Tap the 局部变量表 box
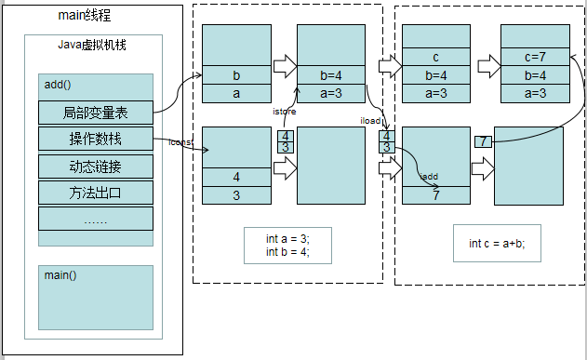[96, 113]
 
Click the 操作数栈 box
[96, 140]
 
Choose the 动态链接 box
[96, 167]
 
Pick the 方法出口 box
[96, 193]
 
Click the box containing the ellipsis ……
[96, 219]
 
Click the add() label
[59, 85]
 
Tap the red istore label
[284, 111]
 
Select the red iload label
[370, 120]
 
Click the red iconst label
[180, 143]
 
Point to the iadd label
[429, 175]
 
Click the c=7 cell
[535, 58]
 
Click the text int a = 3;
[287, 238]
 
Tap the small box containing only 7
[482, 141]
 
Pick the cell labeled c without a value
[436, 58]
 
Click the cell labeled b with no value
[236, 75]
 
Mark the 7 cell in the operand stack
[436, 195]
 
